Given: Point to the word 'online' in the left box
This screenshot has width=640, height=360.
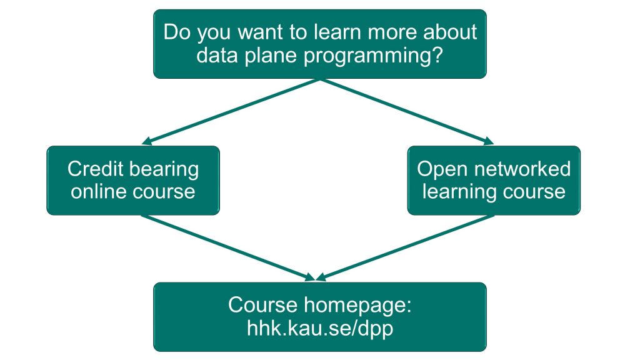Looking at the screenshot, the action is [98, 192].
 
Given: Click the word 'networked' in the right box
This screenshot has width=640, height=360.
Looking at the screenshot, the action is [519, 169].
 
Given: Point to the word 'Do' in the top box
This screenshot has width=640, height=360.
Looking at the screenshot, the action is [177, 32].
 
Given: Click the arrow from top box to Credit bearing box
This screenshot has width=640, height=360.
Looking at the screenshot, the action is [231, 111].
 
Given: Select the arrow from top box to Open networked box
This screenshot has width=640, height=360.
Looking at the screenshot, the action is [407, 111].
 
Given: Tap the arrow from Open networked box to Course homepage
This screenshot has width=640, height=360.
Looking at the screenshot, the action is [405, 247].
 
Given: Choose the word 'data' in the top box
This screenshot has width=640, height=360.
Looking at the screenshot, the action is [217, 55].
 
